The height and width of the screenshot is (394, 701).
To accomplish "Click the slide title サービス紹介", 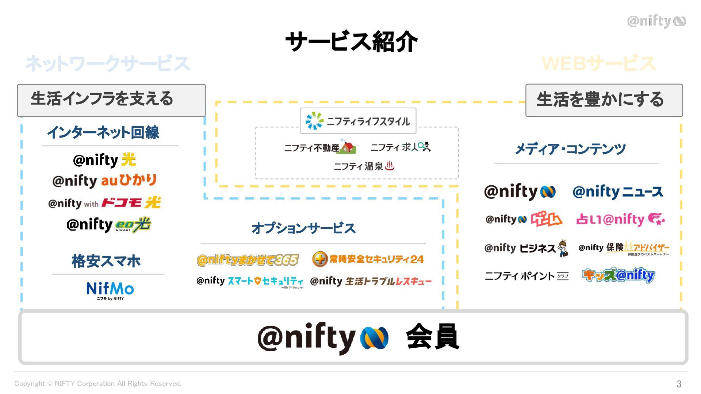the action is (x=351, y=41).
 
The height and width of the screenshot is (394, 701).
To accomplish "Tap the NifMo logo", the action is (x=110, y=290).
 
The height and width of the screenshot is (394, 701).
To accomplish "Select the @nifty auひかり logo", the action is (x=104, y=181).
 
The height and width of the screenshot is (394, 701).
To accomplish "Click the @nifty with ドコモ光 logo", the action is (x=104, y=203).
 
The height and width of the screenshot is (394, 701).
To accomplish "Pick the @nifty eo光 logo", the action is (x=108, y=225).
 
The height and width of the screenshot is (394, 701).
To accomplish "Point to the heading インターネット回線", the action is (x=103, y=132).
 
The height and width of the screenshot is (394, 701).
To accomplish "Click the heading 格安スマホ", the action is (x=106, y=261).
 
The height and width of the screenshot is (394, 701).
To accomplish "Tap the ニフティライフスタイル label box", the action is (x=358, y=121).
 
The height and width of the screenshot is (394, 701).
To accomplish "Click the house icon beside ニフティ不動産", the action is (x=348, y=147).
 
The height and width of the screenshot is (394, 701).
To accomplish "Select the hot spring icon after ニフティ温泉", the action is (x=390, y=166).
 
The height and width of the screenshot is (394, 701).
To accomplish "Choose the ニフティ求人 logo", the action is (x=401, y=147).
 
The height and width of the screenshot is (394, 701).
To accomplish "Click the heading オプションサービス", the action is (x=303, y=228).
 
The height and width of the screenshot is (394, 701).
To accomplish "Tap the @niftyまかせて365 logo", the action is (x=248, y=260).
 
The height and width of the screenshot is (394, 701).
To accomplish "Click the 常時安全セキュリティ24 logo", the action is (x=368, y=259).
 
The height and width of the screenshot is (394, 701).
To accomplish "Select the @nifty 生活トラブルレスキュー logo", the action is (x=371, y=281).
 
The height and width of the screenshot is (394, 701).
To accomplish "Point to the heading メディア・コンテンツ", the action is (x=570, y=149).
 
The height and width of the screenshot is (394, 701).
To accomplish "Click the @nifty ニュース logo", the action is (x=618, y=192).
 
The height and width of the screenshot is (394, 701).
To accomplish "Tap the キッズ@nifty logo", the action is (x=618, y=275).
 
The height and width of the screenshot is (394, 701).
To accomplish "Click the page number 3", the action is (x=679, y=384).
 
